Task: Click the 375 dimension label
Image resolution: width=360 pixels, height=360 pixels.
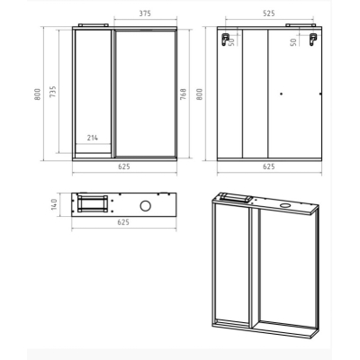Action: (x=145, y=13)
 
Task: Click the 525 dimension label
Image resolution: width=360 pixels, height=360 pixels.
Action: (x=268, y=13)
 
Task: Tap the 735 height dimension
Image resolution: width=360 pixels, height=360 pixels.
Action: (x=52, y=92)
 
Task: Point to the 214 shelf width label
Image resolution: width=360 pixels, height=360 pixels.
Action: (x=93, y=138)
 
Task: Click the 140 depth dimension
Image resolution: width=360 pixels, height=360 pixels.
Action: (x=54, y=204)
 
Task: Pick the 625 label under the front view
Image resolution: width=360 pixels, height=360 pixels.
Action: (x=124, y=166)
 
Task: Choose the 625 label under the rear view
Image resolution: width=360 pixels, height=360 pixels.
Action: (x=269, y=166)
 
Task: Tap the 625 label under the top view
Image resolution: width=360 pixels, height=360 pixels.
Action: (x=123, y=222)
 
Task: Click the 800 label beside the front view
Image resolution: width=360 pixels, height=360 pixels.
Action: (x=38, y=94)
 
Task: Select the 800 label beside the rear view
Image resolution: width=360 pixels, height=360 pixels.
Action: (x=199, y=94)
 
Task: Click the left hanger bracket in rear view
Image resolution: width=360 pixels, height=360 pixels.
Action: (x=225, y=39)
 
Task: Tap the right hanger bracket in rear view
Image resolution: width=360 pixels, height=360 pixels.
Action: (x=313, y=39)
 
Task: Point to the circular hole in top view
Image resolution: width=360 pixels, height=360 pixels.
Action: (x=146, y=205)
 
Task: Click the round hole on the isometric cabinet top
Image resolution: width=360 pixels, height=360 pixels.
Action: (x=285, y=206)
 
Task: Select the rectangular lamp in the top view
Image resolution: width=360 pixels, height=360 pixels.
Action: (x=93, y=203)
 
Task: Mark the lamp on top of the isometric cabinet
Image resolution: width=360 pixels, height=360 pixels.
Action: (x=236, y=198)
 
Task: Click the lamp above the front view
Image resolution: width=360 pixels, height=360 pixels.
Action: (x=93, y=25)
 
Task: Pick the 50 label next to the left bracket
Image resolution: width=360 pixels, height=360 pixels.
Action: (x=231, y=42)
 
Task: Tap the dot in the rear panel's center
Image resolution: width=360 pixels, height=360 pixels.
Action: (x=281, y=94)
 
